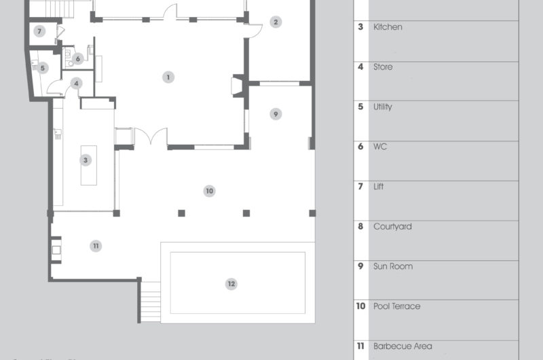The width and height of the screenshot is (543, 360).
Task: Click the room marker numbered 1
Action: (168, 77)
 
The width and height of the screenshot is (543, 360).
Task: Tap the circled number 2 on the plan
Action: (275, 22)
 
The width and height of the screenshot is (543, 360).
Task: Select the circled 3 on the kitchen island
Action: (86, 160)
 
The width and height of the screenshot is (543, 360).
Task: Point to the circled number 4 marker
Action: (77, 83)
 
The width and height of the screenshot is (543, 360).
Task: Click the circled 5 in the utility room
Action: (42, 68)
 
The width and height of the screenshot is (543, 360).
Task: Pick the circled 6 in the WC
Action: (78, 58)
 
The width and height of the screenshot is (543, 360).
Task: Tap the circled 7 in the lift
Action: (39, 31)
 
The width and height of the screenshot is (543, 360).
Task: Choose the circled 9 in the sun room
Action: (275, 114)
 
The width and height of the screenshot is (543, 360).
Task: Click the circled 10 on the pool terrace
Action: (209, 192)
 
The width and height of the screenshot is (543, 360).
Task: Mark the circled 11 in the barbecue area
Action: (96, 246)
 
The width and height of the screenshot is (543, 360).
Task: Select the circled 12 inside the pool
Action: (231, 284)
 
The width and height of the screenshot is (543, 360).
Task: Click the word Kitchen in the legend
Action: (388, 27)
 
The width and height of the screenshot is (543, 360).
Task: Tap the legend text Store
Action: (383, 67)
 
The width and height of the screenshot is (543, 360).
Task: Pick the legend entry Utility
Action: (383, 107)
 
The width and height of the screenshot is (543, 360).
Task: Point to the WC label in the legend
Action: (380, 147)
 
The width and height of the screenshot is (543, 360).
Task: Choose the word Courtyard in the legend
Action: (392, 227)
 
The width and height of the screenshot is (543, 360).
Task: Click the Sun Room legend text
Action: (392, 266)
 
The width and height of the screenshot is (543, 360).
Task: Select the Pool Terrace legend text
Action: (396, 306)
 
